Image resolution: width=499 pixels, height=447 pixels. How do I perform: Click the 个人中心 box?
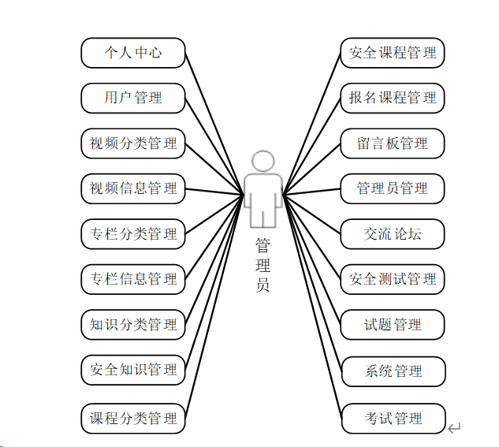pyautogui.click(x=133, y=53)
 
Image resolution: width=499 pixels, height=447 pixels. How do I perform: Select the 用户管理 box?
pyautogui.click(x=133, y=99)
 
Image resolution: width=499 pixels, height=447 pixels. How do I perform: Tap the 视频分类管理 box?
pyautogui.click(x=133, y=143)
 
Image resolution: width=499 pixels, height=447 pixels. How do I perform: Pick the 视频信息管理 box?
pyautogui.click(x=133, y=188)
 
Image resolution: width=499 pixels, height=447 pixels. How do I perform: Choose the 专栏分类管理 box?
pyautogui.click(x=133, y=234)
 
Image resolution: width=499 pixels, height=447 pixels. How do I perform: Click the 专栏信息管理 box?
pyautogui.click(x=133, y=279)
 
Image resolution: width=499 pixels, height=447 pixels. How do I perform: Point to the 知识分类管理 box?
pyautogui.click(x=133, y=324)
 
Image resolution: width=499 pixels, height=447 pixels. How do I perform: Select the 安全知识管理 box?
pyautogui.click(x=133, y=369)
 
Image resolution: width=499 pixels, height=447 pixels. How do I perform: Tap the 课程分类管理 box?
pyautogui.click(x=133, y=418)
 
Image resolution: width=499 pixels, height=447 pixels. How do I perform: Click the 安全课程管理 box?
pyautogui.click(x=393, y=53)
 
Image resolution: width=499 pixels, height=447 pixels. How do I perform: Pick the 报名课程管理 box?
pyautogui.click(x=393, y=99)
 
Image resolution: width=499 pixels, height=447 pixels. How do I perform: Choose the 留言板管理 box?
pyautogui.click(x=393, y=143)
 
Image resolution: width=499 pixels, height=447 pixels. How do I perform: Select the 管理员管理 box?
pyautogui.click(x=393, y=188)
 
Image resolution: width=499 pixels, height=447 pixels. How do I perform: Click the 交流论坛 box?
pyautogui.click(x=393, y=234)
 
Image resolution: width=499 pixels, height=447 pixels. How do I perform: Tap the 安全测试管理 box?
pyautogui.click(x=393, y=279)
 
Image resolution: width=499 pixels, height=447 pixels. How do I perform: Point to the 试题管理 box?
pyautogui.click(x=393, y=324)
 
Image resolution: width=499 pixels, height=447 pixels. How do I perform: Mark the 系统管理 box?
pyautogui.click(x=393, y=371)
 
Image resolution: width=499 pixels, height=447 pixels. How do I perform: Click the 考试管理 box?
pyautogui.click(x=393, y=418)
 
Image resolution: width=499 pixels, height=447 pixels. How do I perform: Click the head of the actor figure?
pyautogui.click(x=263, y=162)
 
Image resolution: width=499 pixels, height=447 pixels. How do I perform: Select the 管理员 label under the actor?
pyautogui.click(x=263, y=264)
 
